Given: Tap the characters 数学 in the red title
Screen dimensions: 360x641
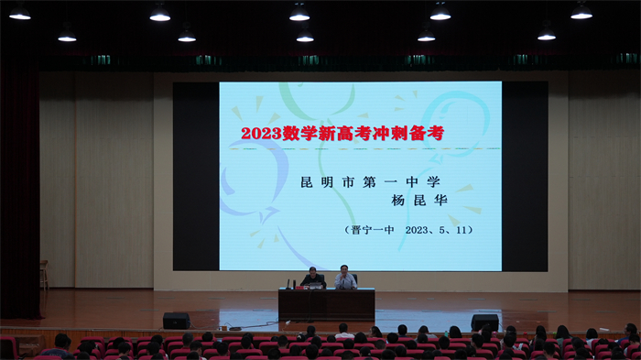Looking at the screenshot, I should point(306,133).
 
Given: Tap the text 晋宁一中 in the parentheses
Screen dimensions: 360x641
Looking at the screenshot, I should point(372,231).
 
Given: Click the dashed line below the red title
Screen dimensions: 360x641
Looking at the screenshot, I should point(357,148).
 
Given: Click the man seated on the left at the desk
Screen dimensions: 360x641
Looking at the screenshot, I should point(313,278).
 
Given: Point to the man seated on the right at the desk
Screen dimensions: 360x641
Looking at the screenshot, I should point(344,278).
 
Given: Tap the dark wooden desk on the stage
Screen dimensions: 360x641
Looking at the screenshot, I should point(326,304).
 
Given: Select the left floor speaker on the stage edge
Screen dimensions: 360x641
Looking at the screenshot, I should point(176,321).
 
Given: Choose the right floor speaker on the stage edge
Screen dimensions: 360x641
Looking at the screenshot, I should point(484,322).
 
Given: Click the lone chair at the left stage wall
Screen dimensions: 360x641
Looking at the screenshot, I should point(43,274).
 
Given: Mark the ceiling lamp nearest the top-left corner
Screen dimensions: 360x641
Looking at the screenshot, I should point(20,13).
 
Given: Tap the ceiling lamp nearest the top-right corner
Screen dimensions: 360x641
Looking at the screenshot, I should point(581,12).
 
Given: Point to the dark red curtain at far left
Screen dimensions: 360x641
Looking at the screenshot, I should point(19,183).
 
